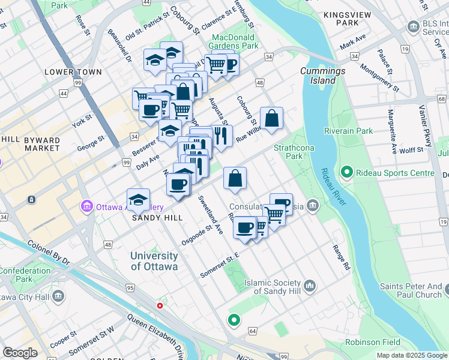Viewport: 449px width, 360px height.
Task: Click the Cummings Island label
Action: coord(323,76)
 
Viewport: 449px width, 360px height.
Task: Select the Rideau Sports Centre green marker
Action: coord(346,173)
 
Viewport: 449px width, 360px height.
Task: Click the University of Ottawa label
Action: coord(154,262)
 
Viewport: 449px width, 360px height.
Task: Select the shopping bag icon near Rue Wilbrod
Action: coord(271,118)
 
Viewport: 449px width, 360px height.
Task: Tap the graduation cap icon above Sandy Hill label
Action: coord(138,199)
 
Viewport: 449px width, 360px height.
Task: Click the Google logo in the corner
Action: coord(20,353)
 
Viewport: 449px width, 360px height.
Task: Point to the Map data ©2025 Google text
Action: coord(412,355)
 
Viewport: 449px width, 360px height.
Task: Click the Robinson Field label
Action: coord(372,343)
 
